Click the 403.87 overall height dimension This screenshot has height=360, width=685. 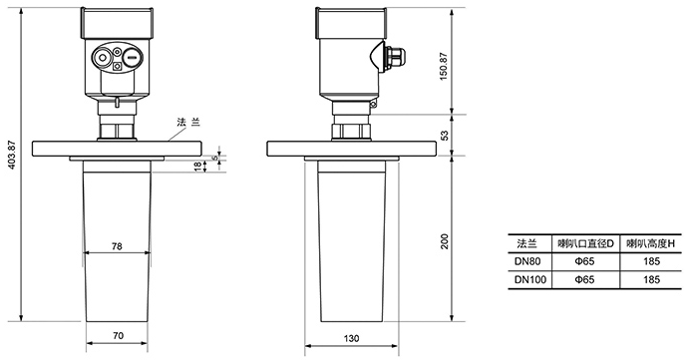[13, 155]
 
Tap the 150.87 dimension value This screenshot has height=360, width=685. [444, 66]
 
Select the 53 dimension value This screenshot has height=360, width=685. [445, 136]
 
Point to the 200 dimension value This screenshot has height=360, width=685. [445, 241]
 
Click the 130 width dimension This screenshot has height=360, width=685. [351, 338]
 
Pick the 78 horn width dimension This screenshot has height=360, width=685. [117, 246]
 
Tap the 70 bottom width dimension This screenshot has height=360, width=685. [118, 335]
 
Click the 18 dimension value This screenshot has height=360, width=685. [197, 166]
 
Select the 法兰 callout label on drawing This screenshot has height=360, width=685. [188, 122]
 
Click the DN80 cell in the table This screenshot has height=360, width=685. [527, 261]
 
